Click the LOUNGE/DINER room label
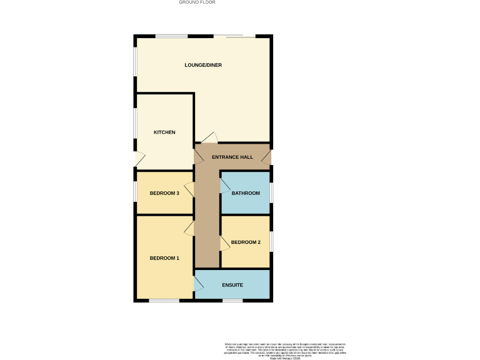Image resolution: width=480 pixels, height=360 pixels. point(203,65)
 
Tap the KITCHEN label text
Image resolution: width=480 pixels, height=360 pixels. point(164,132)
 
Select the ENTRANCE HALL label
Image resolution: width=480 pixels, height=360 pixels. point(232,157)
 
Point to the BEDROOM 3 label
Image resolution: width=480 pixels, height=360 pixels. point(164,193)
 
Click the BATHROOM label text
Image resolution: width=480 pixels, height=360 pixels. point(246,193)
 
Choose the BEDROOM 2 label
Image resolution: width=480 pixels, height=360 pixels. point(246,242)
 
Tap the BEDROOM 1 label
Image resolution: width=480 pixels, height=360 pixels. point(164,258)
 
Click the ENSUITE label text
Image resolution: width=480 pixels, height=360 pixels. point(232,285)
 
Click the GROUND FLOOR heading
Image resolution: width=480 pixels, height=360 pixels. point(197,2)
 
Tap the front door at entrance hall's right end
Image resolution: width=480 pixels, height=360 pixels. point(266,158)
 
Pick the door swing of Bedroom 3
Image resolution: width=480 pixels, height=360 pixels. point(189,186)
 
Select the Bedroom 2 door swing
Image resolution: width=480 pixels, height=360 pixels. point(225,243)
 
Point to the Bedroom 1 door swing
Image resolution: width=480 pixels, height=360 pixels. point(189,229)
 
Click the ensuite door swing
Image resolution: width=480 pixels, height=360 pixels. point(199,284)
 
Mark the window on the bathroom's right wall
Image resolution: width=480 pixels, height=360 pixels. point(271,192)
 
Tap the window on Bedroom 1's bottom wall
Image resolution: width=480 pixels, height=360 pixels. point(164,301)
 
